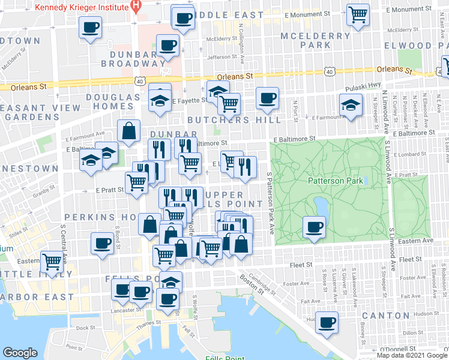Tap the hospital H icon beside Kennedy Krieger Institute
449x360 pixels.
136,7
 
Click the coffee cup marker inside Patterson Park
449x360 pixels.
315,227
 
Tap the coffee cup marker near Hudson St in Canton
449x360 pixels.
327,322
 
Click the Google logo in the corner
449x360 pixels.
20,353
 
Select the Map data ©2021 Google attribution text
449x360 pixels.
411,355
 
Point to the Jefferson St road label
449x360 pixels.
223,58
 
